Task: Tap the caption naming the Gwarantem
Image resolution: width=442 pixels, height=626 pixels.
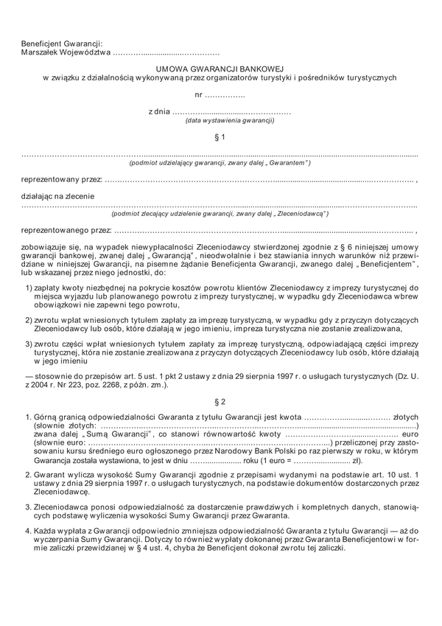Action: pos(220,163)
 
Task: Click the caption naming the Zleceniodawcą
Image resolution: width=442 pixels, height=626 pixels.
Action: pos(220,214)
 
